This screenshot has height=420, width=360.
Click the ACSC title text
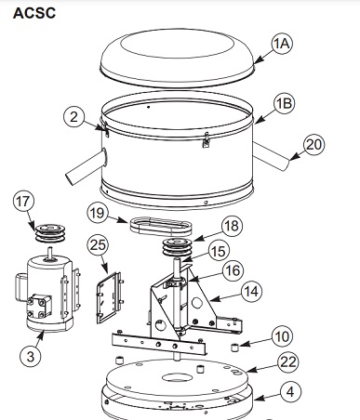[x=34, y=13]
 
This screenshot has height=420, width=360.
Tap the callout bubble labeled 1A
[x=282, y=44]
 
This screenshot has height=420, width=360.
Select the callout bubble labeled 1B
[x=284, y=103]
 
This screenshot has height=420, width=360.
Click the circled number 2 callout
[x=73, y=117]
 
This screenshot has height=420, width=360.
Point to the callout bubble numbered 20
[x=313, y=145]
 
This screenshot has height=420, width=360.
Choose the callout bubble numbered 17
[x=23, y=202]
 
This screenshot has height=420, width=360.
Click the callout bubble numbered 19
[x=98, y=213]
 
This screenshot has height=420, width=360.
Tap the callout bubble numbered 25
[x=98, y=245]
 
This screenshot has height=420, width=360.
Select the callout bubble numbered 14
[x=251, y=292]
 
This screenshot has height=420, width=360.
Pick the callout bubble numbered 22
[x=288, y=361]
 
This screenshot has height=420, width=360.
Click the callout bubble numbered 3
[x=31, y=356]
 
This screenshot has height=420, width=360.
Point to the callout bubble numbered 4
[x=290, y=392]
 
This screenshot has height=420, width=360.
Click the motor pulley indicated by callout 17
[x=49, y=232]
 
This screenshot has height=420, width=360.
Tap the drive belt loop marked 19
[x=161, y=226]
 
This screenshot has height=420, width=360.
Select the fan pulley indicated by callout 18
[x=177, y=247]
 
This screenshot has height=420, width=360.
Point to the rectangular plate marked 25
[x=109, y=297]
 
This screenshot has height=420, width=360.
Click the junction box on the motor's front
[x=39, y=306]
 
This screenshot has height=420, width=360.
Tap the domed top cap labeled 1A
[x=177, y=58]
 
